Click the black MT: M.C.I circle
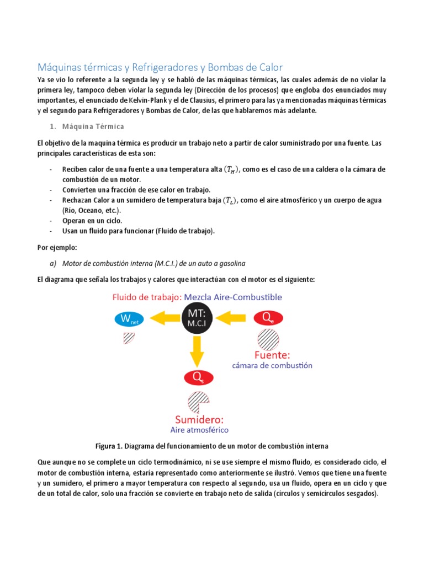tap(198, 318)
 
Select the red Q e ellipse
tap(268, 318)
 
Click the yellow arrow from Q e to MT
tap(232, 318)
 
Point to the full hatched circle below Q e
tap(268, 339)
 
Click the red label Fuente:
tap(272, 355)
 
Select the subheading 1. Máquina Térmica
tap(91, 126)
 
